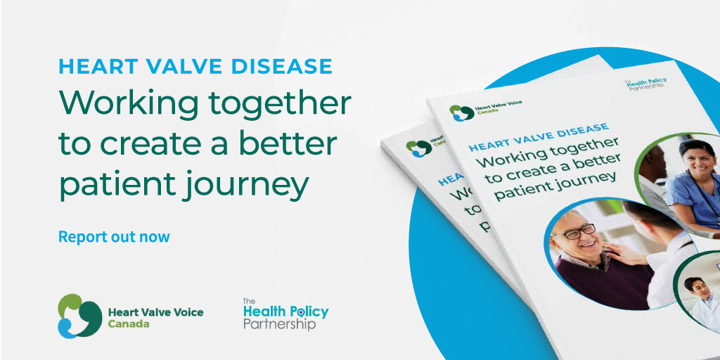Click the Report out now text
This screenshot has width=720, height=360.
point(114,236)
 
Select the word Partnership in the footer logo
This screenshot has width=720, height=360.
point(279,325)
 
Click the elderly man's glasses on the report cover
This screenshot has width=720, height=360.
point(578,231)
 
